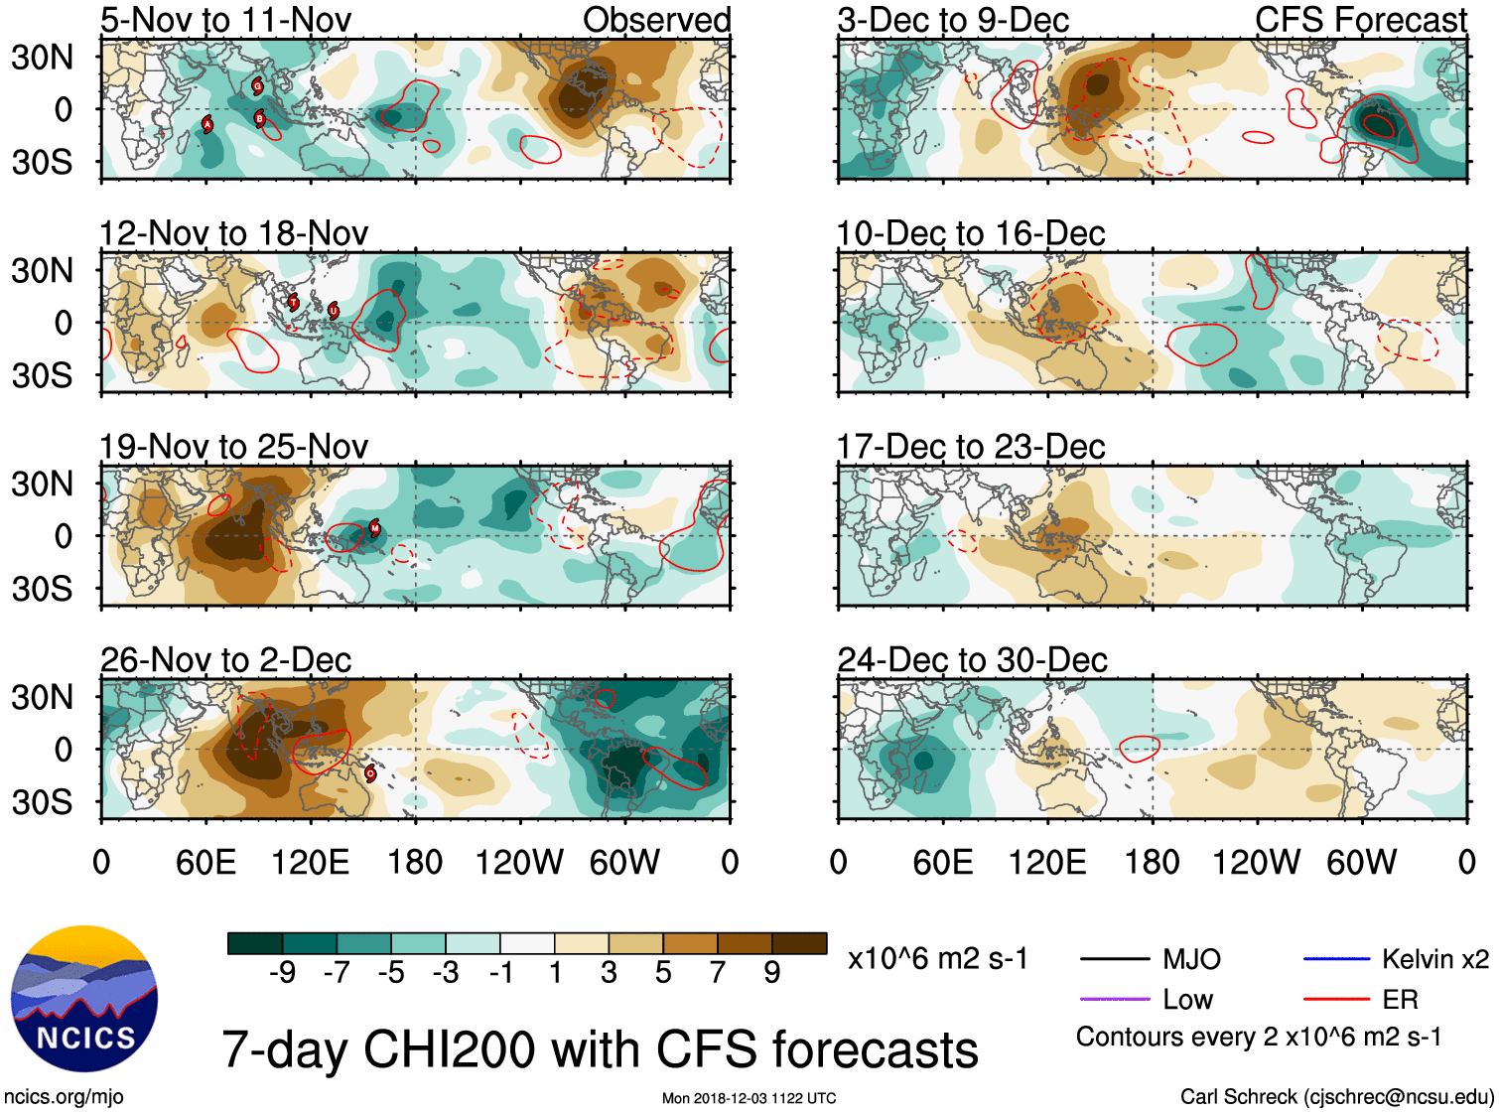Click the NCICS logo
click(x=84, y=998)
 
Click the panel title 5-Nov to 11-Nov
click(x=225, y=20)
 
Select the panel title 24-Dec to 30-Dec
click(x=972, y=660)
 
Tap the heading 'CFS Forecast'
click(x=1360, y=20)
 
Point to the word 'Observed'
click(x=656, y=20)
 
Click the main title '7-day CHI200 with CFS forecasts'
click(x=600, y=1049)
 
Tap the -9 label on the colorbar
click(x=282, y=973)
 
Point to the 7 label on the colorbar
click(x=718, y=973)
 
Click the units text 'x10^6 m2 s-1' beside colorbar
click(x=937, y=959)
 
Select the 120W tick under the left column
click(x=519, y=862)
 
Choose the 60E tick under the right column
click(x=942, y=862)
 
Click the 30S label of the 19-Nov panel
click(x=42, y=589)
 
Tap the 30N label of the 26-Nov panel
click(x=42, y=697)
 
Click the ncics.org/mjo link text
click(x=64, y=1097)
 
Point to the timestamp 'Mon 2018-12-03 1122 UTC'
click(x=749, y=1098)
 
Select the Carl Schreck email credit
click(x=1336, y=1097)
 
